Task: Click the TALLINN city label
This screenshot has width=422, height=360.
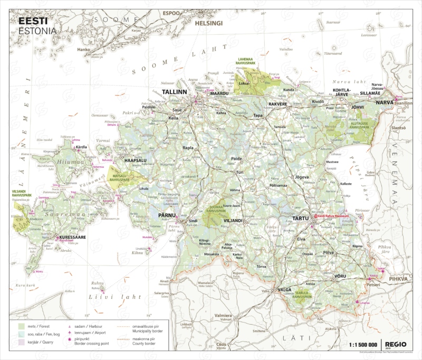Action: [x=175, y=92]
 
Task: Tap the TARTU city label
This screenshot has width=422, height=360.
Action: [x=300, y=219]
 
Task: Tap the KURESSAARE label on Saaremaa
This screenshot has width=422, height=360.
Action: [x=73, y=238]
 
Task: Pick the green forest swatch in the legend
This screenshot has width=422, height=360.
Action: [x=22, y=327]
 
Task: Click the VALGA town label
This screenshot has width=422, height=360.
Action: [x=284, y=290]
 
